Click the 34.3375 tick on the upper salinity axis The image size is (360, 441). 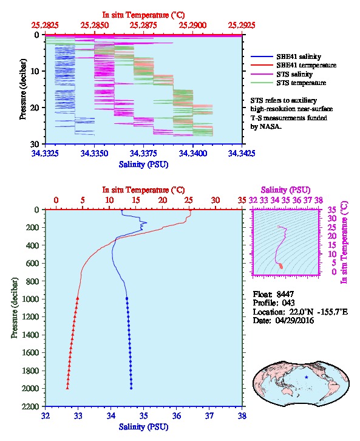[x=144, y=153]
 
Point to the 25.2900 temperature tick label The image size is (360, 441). [x=193, y=26]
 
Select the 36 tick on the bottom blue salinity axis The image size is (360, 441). [x=177, y=415]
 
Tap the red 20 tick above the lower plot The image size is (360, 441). [x=163, y=200]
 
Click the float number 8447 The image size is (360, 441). [x=285, y=294]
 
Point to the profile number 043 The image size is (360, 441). [x=288, y=303]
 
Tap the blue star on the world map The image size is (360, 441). [x=307, y=377]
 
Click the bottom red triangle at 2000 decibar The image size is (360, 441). [x=67, y=388]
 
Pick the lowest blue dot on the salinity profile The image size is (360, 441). [x=131, y=388]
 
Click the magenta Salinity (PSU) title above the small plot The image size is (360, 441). [x=285, y=190]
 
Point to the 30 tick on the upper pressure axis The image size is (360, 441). [x=35, y=144]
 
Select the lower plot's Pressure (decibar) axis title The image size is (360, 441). [x=15, y=308]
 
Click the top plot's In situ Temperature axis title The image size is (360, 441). [x=143, y=15]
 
